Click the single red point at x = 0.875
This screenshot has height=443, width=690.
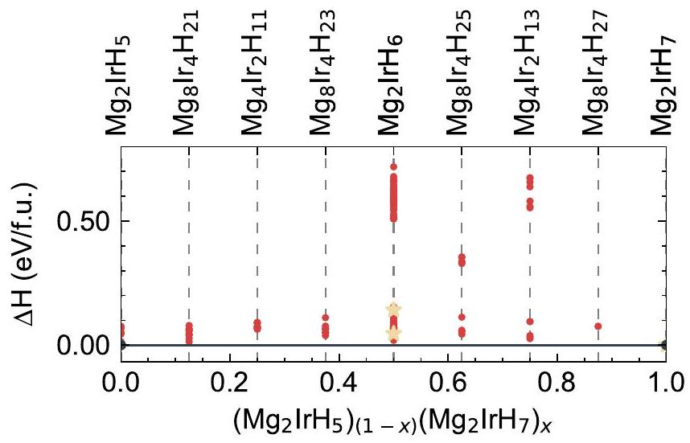pos(598,326)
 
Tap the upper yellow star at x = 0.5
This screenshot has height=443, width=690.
pos(393,310)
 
